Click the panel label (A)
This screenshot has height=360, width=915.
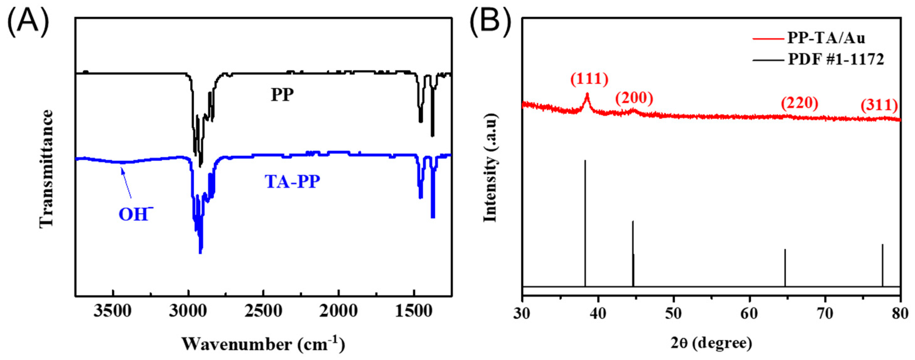[28, 21]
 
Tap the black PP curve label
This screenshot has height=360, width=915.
[282, 95]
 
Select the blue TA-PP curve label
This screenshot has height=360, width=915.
[292, 182]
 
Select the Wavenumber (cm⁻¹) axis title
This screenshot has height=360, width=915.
[263, 344]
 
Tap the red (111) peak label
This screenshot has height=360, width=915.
[589, 79]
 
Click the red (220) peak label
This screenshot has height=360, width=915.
[799, 103]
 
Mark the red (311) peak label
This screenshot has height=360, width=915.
[879, 105]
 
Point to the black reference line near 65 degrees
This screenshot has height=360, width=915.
[785, 267]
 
